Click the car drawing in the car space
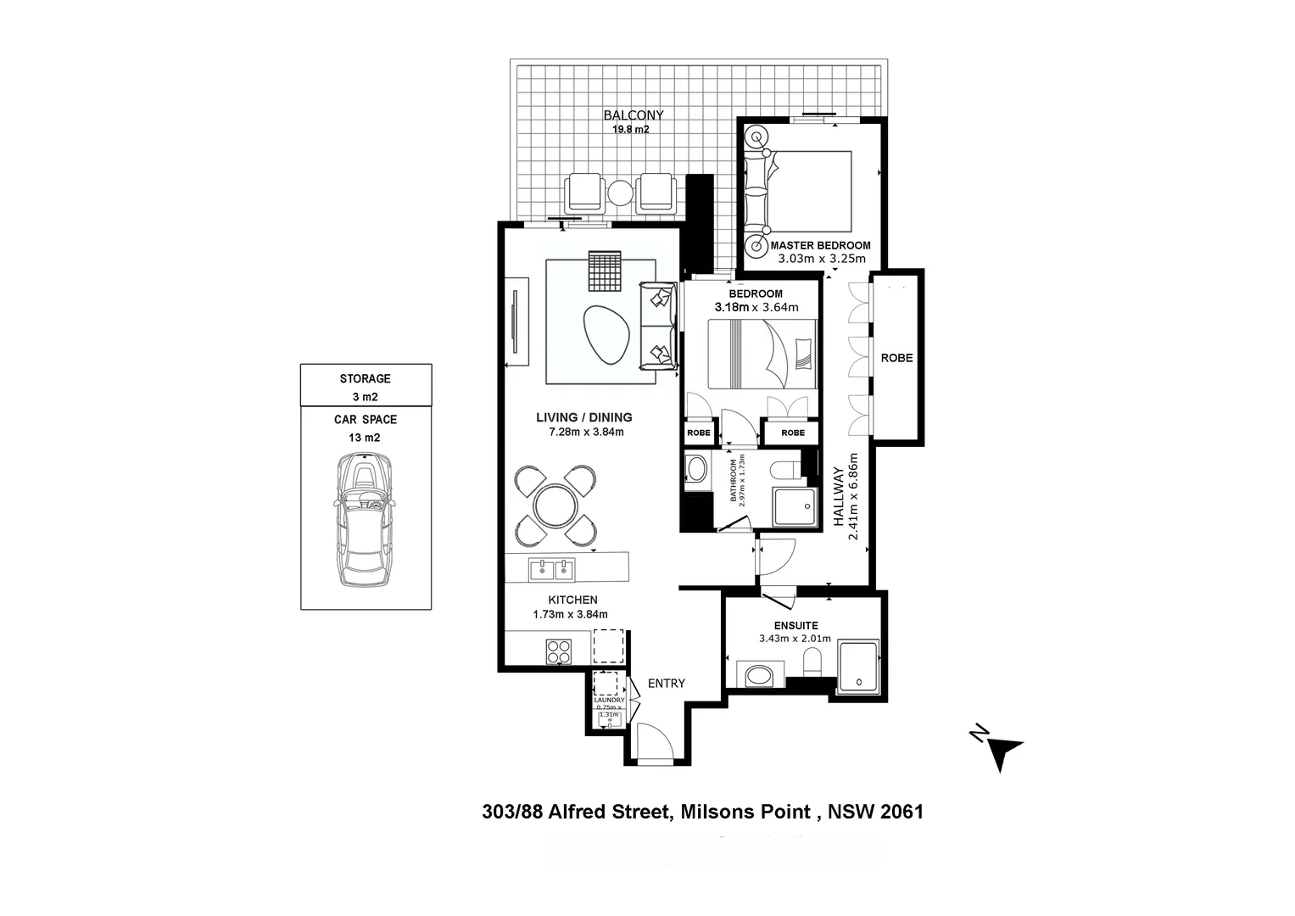click(366, 519)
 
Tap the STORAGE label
click(366, 378)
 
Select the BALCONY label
click(634, 114)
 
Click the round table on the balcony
click(621, 193)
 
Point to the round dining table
click(555, 505)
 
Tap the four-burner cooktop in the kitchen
click(559, 651)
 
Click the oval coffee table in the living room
click(606, 334)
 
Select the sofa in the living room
click(658, 325)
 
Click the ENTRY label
click(666, 683)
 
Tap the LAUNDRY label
click(609, 701)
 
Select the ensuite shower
click(858, 665)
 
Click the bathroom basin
click(697, 470)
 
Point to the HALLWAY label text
click(840, 496)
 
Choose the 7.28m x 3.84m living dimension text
click(586, 432)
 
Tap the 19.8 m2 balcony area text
click(631, 130)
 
